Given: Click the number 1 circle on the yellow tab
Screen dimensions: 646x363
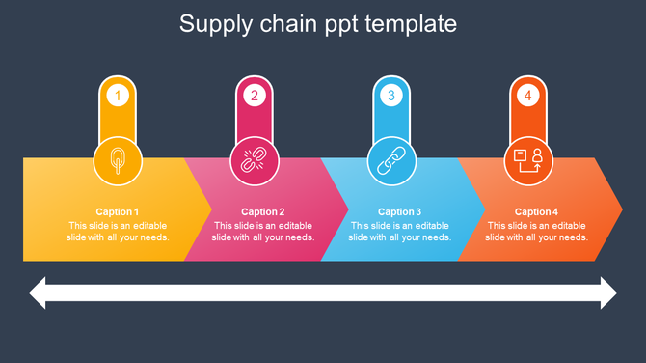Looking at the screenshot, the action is (118, 96).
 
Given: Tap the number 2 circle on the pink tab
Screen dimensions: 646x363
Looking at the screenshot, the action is (255, 96).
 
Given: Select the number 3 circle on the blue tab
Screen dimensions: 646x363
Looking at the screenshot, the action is (390, 96).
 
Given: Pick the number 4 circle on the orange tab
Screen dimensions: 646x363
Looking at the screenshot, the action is (527, 96).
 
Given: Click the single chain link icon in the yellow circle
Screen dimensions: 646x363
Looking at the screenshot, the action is (118, 161).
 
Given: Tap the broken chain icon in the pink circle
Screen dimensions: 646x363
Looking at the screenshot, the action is (255, 161).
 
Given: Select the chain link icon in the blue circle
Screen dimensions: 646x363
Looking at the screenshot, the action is (391, 161).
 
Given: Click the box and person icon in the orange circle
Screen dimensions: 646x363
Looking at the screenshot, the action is (528, 161).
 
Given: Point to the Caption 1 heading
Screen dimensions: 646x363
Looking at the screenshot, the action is (118, 212).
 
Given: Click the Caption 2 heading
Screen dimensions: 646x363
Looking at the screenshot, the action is (262, 212).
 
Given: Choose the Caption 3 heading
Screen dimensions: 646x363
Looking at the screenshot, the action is (399, 212).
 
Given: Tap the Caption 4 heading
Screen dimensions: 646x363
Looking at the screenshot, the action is (536, 212).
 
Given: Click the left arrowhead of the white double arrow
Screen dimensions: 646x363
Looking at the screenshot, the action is (39, 293).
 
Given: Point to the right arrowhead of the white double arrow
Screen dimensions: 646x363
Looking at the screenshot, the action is (607, 293).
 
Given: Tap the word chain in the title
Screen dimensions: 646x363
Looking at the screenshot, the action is (286, 24).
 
